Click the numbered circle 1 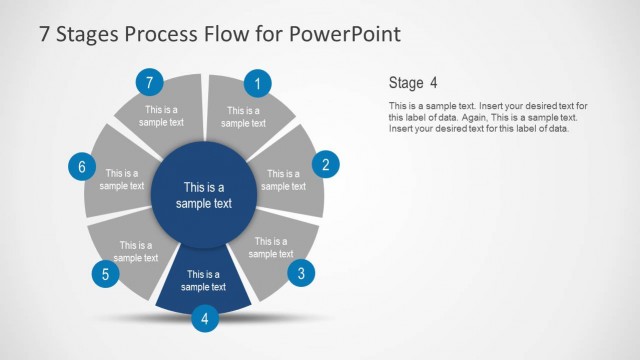point(259,84)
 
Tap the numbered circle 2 point(325,165)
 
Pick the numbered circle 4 point(205,319)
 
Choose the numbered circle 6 point(81,166)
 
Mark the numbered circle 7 point(149,82)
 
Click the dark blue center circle point(204,195)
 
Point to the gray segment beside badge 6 point(120,180)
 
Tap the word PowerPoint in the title point(344,34)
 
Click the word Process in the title point(164,34)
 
